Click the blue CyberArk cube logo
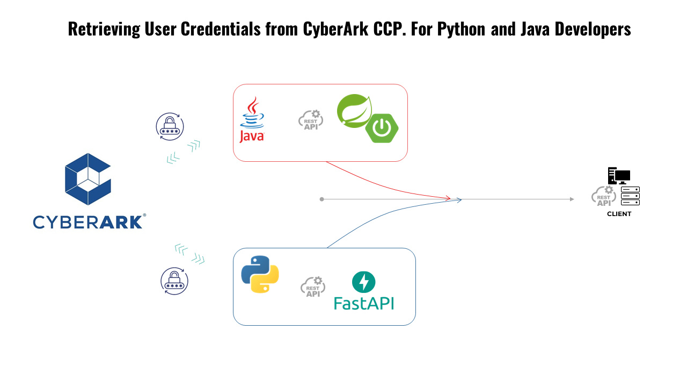[87, 179]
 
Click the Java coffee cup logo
[252, 119]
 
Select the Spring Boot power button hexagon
[382, 127]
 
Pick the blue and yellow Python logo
[260, 274]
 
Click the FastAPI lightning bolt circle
[363, 282]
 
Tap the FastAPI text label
[364, 303]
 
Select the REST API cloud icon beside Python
[313, 287]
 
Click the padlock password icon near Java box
[170, 127]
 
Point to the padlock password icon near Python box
[174, 281]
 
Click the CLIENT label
[619, 214]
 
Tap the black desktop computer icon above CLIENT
[618, 176]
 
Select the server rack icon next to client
[630, 196]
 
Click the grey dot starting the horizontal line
[321, 199]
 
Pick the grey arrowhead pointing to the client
[572, 199]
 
